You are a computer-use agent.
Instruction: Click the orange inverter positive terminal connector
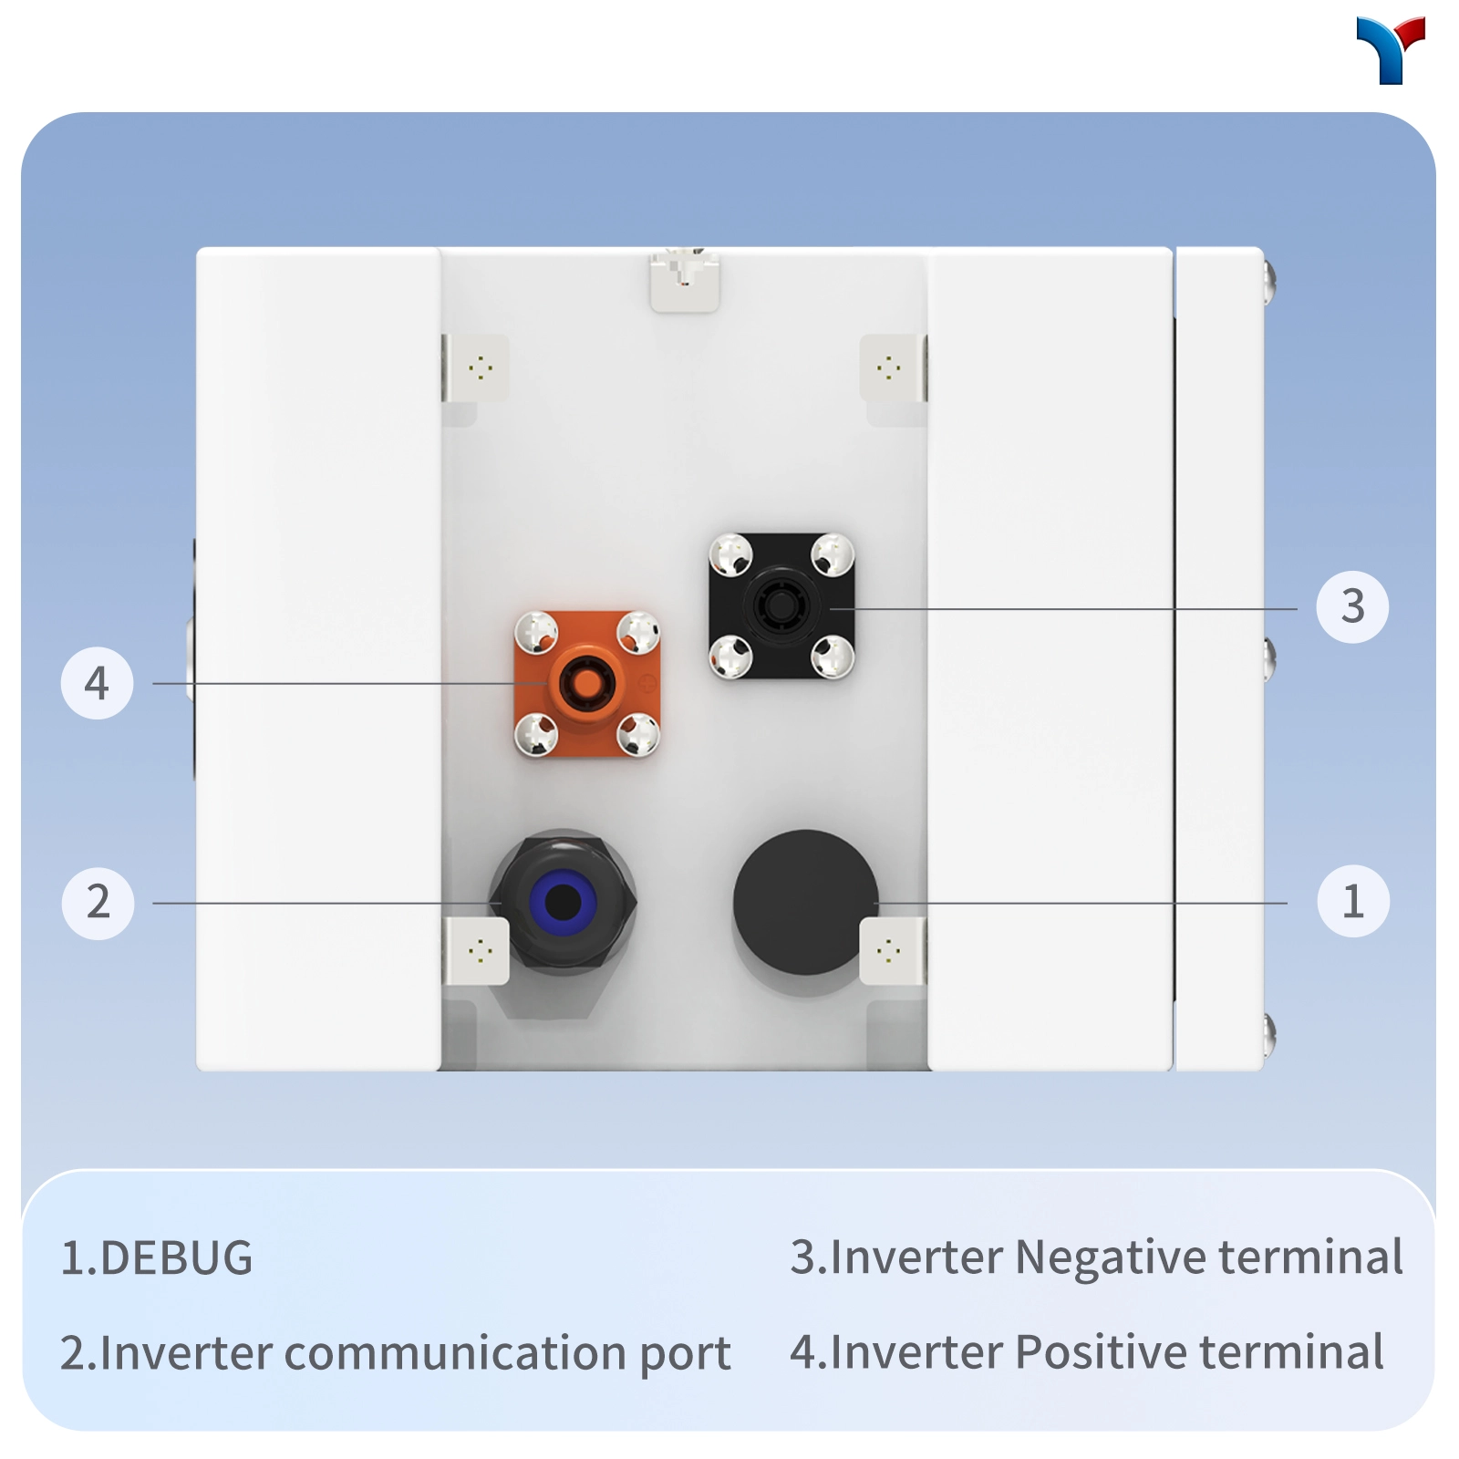587,684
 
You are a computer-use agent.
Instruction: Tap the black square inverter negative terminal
781,606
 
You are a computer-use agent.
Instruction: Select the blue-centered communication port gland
563,903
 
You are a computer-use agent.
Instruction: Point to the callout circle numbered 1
1353,901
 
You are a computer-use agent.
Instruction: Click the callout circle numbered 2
98,903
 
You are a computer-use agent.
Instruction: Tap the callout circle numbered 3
1352,606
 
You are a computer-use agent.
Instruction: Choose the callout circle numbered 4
97,683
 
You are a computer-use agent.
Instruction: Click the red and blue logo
1391,50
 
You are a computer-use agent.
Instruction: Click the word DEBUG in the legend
176,1258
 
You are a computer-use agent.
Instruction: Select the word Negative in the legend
1112,1258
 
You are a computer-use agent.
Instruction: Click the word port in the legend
685,1357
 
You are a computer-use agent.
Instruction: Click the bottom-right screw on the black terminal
833,657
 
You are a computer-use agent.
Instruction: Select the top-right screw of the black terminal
833,555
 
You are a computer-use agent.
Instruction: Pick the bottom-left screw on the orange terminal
536,735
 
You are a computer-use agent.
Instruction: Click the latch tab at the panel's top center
684,281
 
